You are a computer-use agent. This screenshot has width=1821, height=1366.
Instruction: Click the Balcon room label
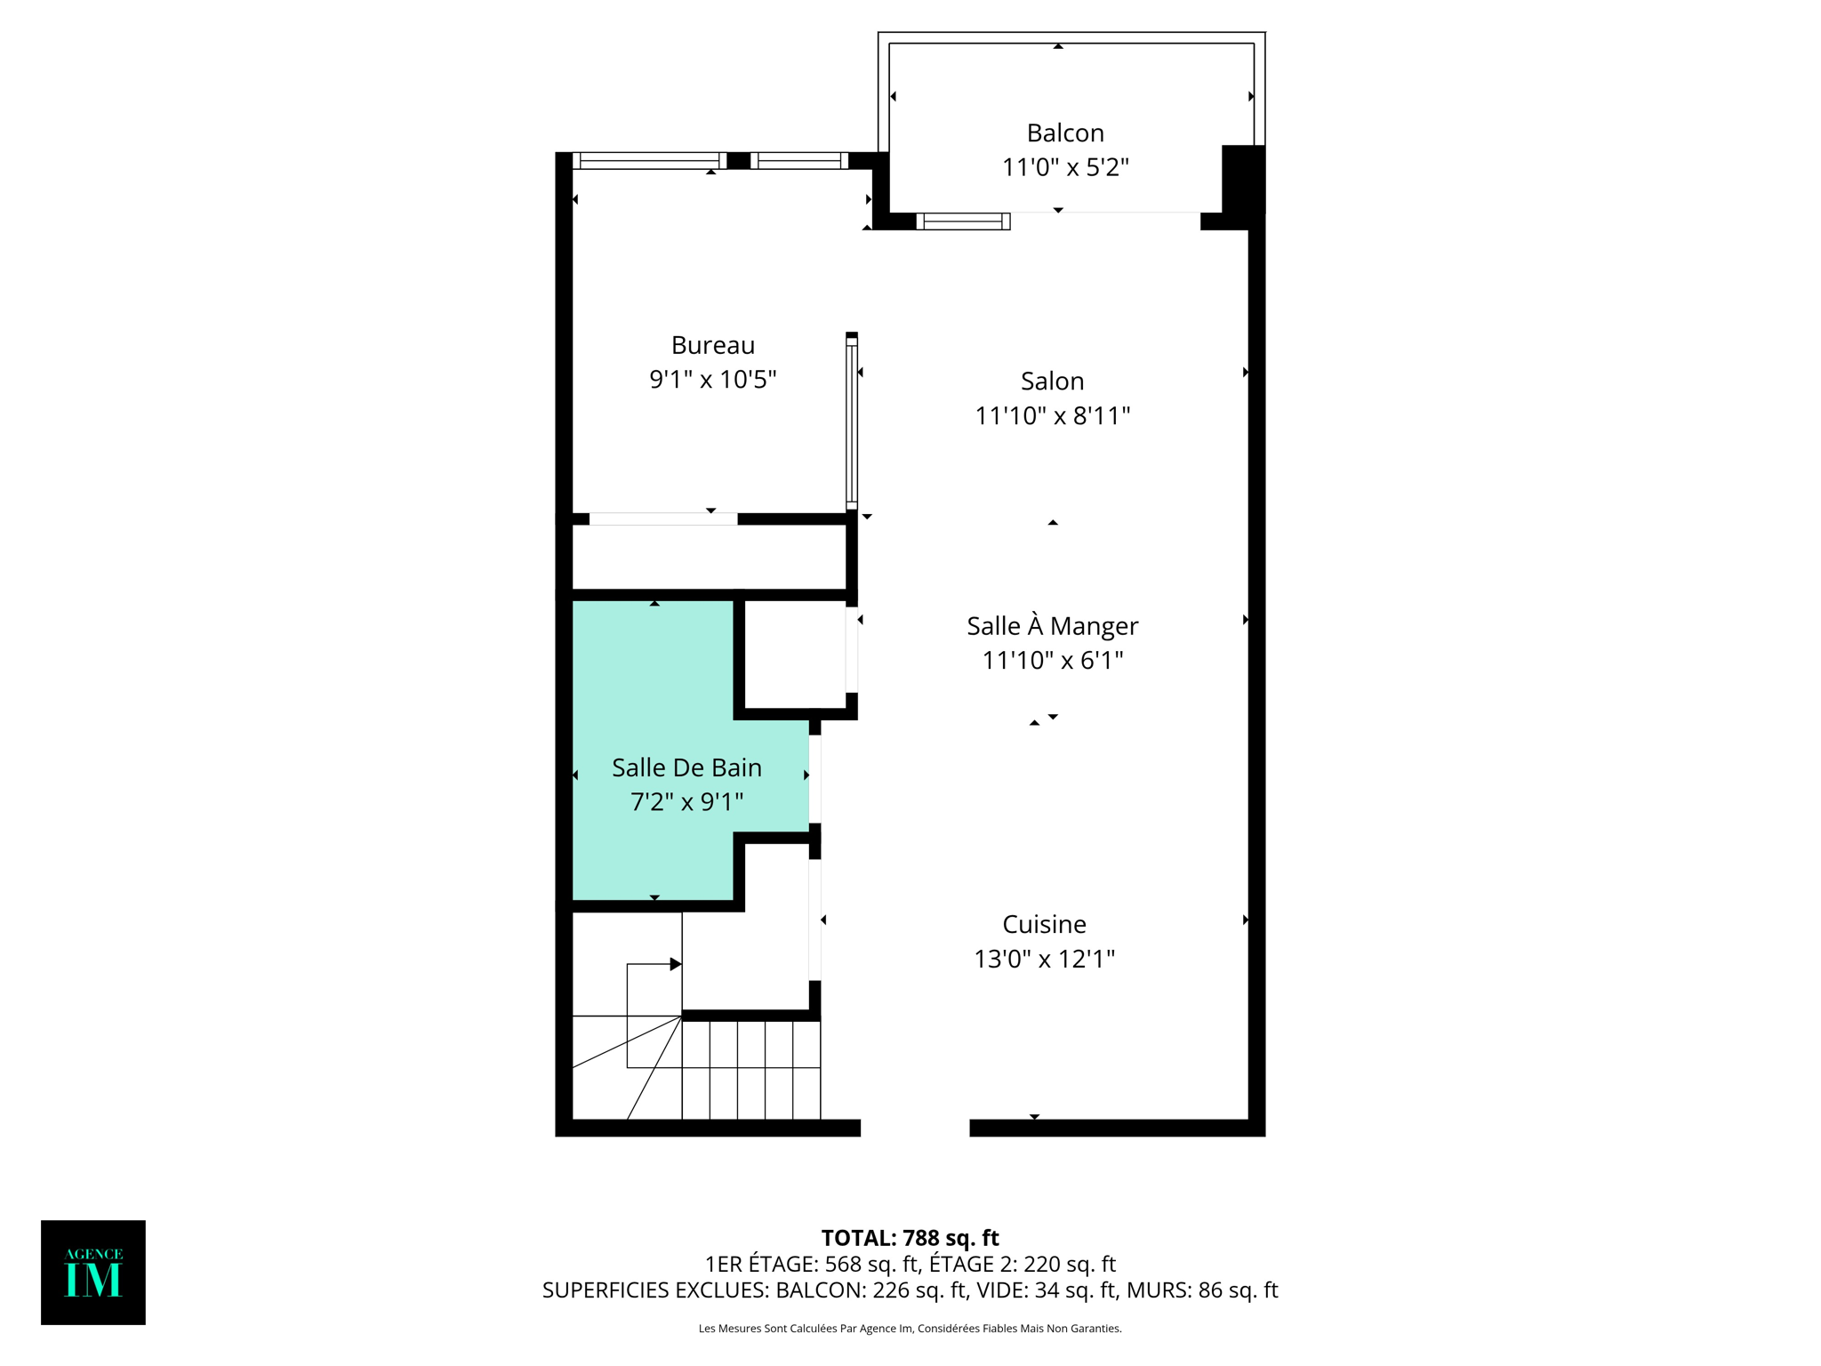coord(1064,133)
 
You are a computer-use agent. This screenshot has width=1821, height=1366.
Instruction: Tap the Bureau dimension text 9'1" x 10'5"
coord(712,380)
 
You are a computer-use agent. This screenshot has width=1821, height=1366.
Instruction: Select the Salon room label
coord(1052,382)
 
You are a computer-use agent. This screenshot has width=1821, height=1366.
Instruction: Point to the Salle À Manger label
coord(1052,626)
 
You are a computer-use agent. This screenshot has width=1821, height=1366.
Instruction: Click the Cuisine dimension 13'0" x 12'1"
coord(1044,959)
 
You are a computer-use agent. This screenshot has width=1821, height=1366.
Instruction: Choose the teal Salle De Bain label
coord(686,767)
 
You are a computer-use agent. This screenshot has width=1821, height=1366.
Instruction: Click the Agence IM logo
coord(93,1272)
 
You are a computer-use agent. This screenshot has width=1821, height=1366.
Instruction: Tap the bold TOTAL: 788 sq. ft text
coord(910,1238)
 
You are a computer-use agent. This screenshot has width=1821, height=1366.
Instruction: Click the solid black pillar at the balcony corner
coord(1243,178)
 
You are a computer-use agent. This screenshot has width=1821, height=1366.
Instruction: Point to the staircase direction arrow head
coord(676,964)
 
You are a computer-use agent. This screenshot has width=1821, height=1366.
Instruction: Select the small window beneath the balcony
coord(963,221)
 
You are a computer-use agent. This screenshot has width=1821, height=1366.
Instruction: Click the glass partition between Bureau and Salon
coord(851,422)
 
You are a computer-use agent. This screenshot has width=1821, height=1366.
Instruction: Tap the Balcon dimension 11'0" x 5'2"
coord(1064,167)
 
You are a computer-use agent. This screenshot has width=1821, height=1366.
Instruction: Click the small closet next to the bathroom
coord(794,654)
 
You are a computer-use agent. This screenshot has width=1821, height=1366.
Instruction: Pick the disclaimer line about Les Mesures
coord(910,1329)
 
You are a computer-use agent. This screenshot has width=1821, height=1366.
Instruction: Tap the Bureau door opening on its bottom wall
coord(663,519)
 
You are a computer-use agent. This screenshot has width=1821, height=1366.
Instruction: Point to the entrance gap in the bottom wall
coord(915,1128)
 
